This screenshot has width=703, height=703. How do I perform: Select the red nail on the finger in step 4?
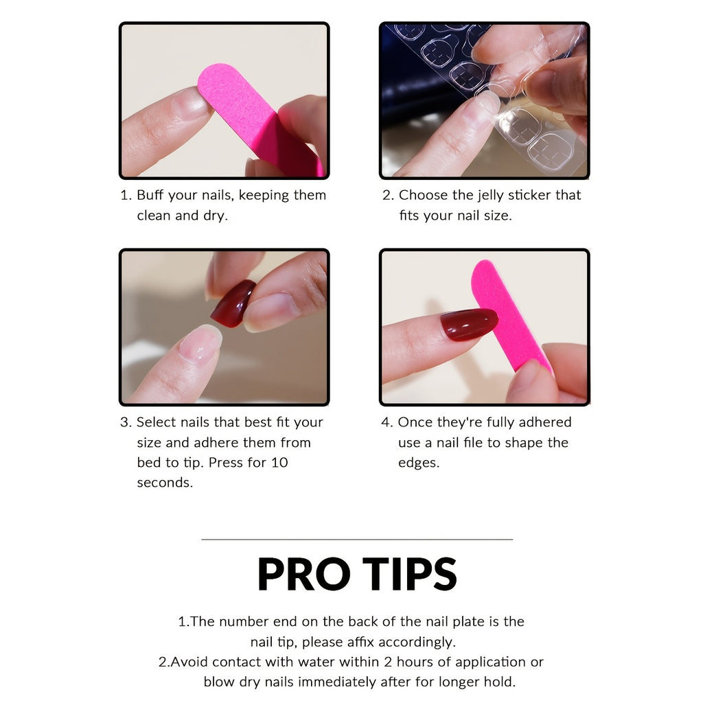tap(468, 324)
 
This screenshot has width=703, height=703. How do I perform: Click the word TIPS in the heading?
tap(410, 575)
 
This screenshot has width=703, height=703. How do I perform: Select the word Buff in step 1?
tap(151, 195)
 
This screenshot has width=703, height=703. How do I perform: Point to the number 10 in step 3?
tap(279, 462)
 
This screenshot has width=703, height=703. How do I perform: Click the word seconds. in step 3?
tap(165, 482)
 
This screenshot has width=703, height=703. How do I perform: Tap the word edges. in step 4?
tap(418, 462)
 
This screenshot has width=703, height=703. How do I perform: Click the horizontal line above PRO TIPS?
tap(357, 540)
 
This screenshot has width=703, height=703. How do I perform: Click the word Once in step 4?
tap(415, 422)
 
